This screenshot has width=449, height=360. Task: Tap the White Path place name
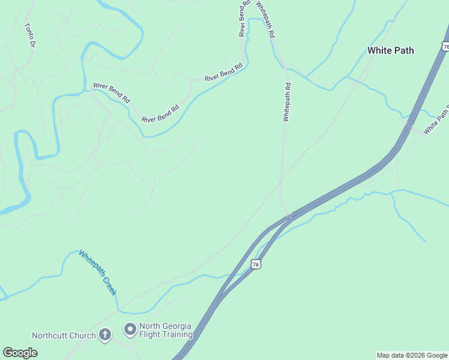391,50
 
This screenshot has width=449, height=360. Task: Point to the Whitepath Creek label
97,273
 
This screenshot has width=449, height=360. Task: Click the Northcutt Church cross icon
105,335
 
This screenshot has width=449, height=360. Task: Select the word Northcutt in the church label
56,335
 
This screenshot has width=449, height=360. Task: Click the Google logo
20,353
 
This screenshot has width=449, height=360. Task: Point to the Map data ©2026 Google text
412,355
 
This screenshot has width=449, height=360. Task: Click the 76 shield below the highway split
256,264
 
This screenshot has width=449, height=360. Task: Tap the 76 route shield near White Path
445,46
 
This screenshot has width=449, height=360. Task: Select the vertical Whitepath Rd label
287,103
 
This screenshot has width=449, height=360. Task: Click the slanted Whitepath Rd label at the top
265,20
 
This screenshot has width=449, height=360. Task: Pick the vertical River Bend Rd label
243,19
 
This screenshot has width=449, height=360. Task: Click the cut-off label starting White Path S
436,120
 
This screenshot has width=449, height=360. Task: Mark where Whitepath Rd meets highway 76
288,215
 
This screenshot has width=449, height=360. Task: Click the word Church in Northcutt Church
83,335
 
